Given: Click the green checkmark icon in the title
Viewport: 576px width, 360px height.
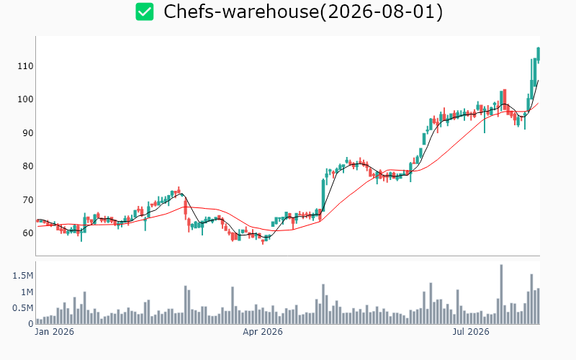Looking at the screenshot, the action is point(145,12).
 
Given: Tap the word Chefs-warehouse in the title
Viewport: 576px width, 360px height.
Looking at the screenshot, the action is point(241,12).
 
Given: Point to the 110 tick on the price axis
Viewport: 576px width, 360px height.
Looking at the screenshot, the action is point(25,66).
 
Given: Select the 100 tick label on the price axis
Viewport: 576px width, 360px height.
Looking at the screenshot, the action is point(25,99).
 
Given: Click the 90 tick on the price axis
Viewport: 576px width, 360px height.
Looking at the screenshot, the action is point(28,133).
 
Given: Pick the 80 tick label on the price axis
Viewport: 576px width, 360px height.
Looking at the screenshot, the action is point(28,166).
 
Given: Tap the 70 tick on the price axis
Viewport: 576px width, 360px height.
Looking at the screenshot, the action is point(28,200).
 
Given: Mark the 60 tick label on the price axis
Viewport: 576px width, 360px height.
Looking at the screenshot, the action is point(28,233).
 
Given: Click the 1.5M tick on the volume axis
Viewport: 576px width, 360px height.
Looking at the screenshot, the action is point(23,276).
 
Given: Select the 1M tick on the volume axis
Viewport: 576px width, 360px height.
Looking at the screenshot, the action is point(27,292).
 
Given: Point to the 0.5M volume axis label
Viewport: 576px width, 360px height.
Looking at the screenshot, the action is point(23,308).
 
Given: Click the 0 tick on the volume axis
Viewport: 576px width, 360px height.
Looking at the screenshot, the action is point(31,323).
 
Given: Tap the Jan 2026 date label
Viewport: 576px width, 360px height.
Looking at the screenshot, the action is point(55,332).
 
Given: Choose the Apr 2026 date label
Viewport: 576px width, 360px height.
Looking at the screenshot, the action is point(263,332).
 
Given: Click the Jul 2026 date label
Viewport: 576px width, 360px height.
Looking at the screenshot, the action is point(471,332).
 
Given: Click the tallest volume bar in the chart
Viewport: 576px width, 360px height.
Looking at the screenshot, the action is point(501,294).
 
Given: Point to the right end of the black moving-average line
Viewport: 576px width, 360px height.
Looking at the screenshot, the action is point(538,80).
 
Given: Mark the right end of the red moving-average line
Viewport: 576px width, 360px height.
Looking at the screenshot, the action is point(538,103).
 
